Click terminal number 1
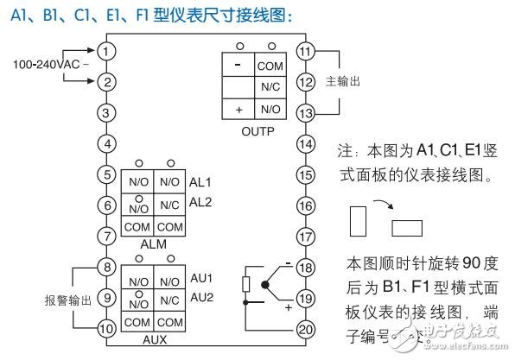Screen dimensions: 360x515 pos(105,51)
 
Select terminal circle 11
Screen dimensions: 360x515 pos(305,51)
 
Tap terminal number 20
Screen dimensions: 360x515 pos(305,328)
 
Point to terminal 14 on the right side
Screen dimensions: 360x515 pos(305,143)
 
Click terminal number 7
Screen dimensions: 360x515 pos(105,236)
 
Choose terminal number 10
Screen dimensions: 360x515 pos(105,328)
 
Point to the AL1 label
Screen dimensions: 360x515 pos(200,182)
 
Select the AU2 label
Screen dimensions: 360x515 pos(200,296)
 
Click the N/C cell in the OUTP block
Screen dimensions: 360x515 pos(270,87)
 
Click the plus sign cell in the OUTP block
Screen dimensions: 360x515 pos(237,110)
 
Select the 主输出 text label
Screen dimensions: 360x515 pos(342,81)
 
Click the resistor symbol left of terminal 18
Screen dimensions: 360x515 pos(247,283)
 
